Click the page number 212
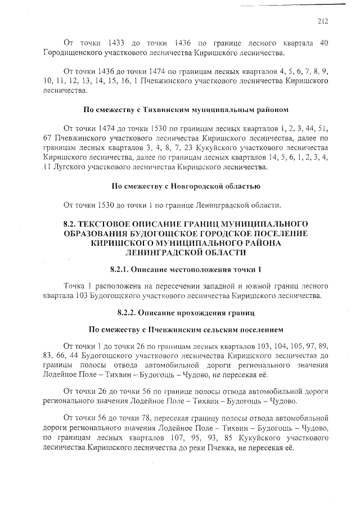tap(322, 22)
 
